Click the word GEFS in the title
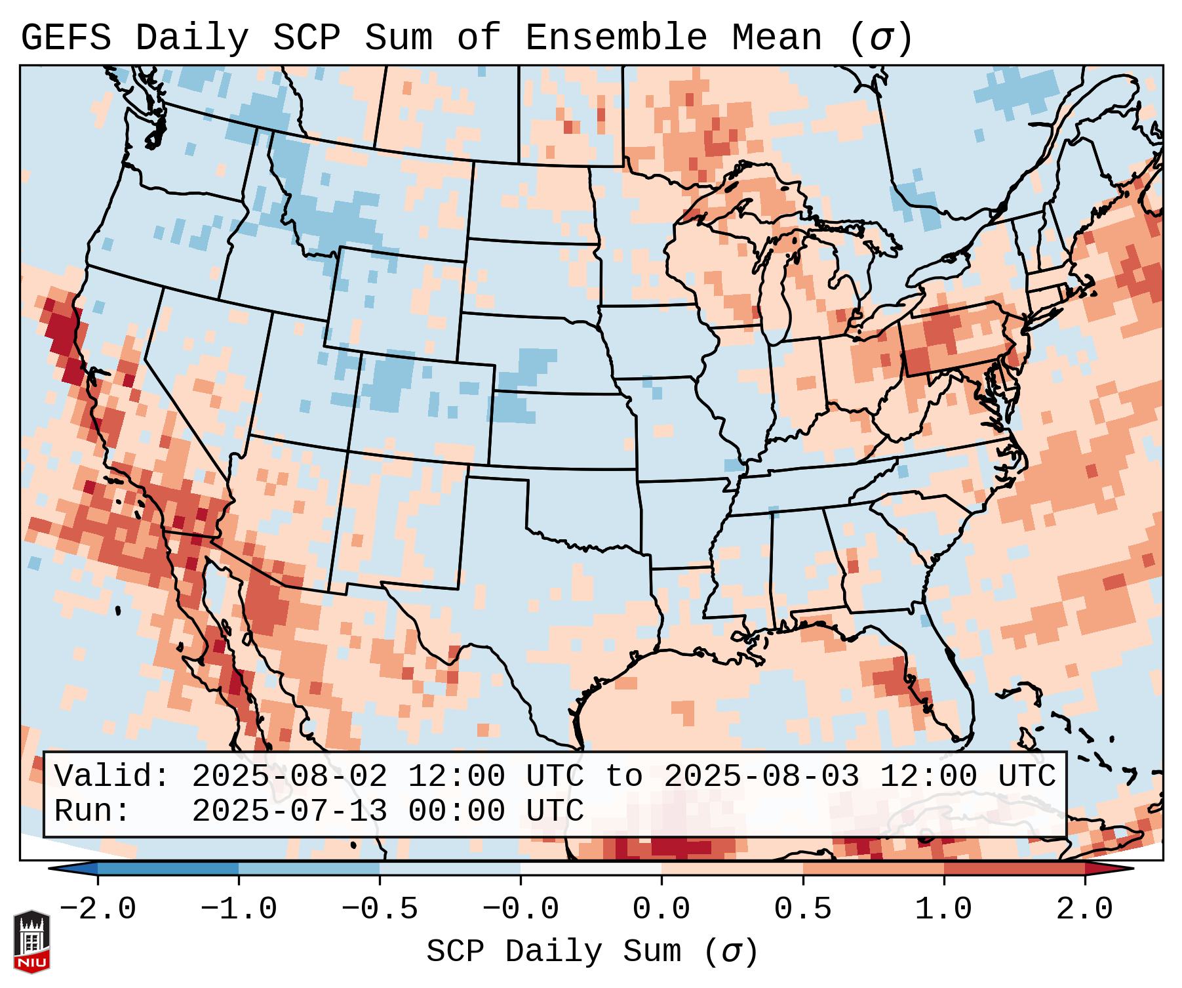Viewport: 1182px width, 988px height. tap(66, 38)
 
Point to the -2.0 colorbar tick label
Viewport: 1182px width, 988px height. tap(98, 909)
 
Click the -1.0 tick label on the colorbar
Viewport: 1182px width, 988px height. tap(239, 909)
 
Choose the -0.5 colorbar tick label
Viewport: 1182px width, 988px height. tap(380, 909)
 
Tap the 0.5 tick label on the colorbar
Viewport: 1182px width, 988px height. tap(803, 909)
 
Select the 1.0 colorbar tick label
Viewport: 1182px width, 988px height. tap(944, 909)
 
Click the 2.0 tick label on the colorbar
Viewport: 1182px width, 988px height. tap(1085, 909)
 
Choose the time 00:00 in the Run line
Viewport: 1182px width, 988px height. tap(456, 811)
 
